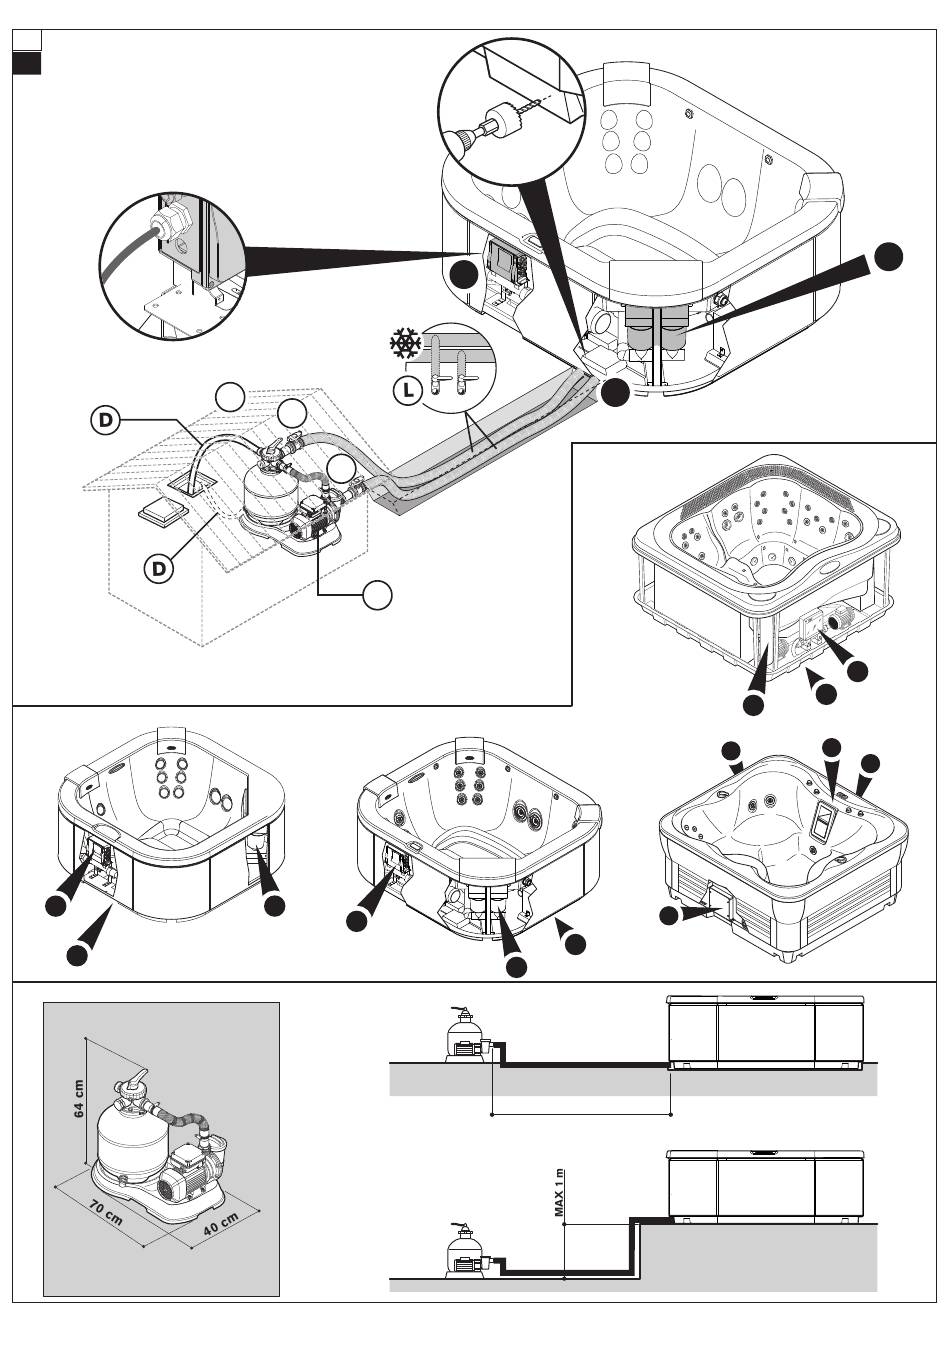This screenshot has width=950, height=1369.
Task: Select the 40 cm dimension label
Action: point(221,1224)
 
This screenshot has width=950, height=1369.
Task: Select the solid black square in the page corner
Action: point(27,63)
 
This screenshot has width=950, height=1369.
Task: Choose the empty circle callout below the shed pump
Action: point(377,594)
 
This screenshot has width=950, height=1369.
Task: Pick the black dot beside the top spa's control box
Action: point(462,275)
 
